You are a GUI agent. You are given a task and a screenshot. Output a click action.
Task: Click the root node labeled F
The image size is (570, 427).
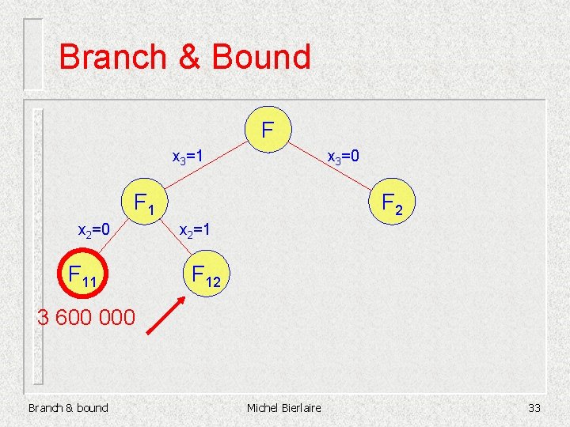point(268,128)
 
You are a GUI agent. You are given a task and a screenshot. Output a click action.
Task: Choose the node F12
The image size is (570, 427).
point(206,276)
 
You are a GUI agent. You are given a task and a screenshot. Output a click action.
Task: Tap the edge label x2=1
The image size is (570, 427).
point(195,231)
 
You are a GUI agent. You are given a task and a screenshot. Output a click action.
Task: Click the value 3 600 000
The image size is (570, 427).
point(86,318)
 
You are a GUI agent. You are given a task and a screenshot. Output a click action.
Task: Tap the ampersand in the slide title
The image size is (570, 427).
point(188,58)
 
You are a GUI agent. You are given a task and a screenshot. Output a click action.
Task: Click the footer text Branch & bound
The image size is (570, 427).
point(68,407)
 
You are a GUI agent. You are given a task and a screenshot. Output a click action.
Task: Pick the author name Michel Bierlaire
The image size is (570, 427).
point(284,407)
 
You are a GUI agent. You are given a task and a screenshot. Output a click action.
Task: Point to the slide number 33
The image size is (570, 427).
point(534,407)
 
